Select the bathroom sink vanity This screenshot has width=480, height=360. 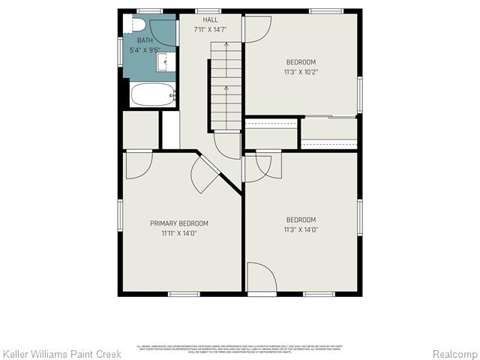(x=166, y=61)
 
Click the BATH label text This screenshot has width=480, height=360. (x=145, y=40)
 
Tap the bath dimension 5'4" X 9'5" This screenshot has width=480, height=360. (x=145, y=50)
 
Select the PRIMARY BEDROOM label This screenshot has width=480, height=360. (x=179, y=223)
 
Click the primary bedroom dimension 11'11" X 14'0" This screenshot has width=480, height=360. (x=179, y=233)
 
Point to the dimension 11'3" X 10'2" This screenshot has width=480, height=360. (x=301, y=72)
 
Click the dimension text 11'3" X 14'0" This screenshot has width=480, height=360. (x=301, y=229)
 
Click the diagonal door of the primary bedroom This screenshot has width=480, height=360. (x=205, y=175)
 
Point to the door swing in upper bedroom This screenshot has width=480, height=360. (x=257, y=28)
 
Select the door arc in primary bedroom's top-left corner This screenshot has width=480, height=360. (x=139, y=165)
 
